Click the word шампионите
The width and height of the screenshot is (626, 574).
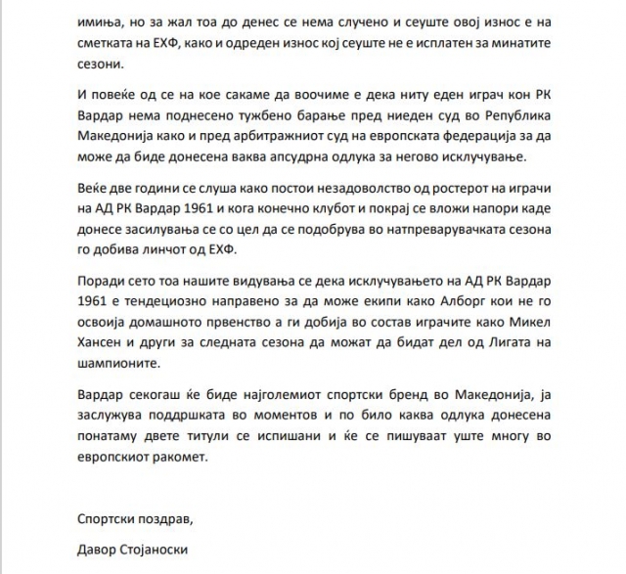118,376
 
